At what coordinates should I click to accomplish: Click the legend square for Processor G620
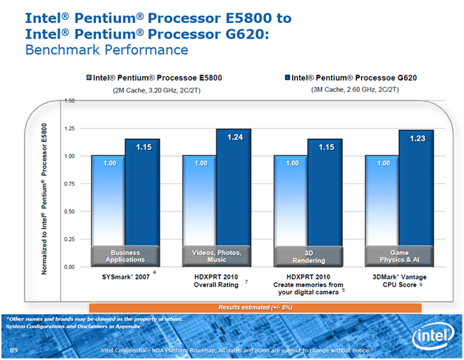coord(287,77)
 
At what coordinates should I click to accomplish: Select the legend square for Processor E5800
coord(89,77)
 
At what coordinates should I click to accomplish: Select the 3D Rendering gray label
coord(309,256)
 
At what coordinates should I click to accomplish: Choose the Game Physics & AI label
coord(399,256)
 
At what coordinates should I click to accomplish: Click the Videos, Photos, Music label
coord(216,256)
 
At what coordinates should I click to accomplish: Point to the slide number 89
coord(13,347)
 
